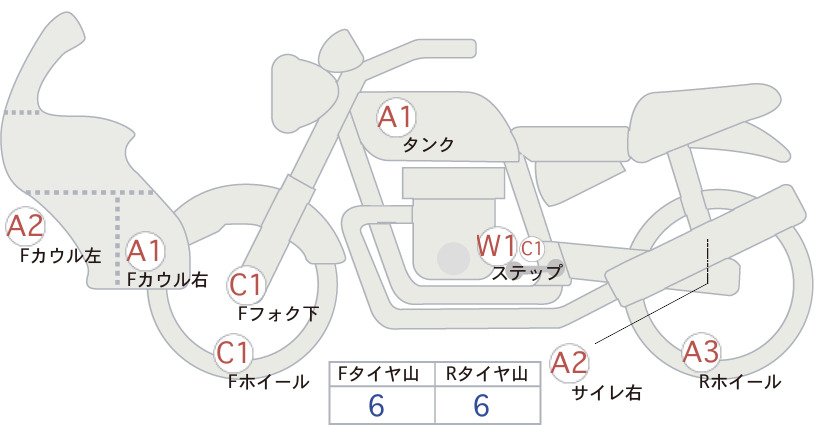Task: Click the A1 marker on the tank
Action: point(395,117)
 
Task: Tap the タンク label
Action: point(428,144)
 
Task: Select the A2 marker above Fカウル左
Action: point(25,226)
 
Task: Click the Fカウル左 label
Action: point(60,256)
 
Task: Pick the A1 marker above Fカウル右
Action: point(145,251)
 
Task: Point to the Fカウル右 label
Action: point(167,279)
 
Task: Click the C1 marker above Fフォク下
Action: point(246,285)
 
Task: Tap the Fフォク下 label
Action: point(278,313)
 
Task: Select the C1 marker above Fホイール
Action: point(233,353)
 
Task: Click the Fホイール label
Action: point(268,382)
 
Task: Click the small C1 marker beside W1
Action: point(531,248)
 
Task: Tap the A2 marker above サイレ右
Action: point(569,363)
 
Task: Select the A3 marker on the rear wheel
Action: point(701,352)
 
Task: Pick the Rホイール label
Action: point(740,382)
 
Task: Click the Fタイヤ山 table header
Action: point(378,374)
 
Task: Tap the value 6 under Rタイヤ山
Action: point(481,405)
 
